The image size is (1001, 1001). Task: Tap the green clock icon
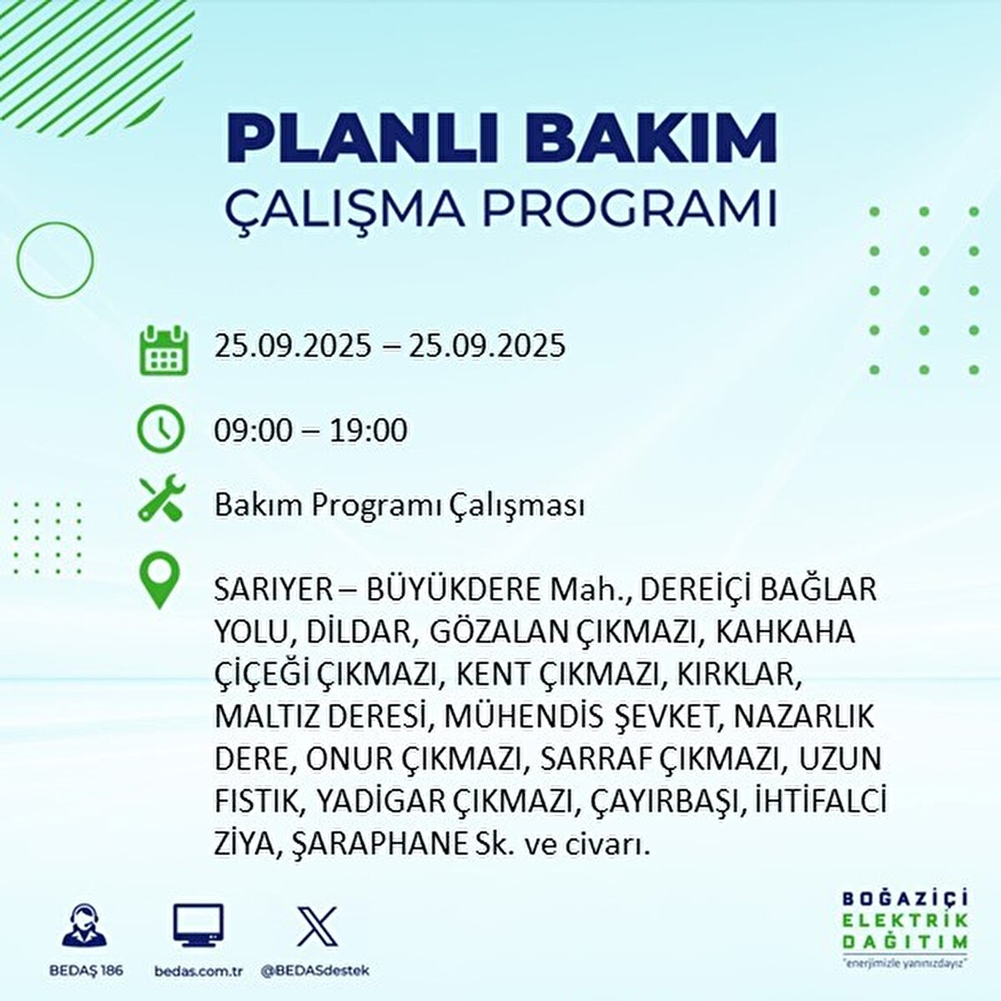pyautogui.click(x=161, y=429)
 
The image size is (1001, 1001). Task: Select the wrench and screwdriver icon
pyautogui.click(x=162, y=499)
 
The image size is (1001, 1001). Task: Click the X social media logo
pyautogui.click(x=317, y=925)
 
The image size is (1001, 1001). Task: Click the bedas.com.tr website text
pyautogui.click(x=199, y=971)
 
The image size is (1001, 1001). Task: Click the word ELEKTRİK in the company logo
pyautogui.click(x=905, y=920)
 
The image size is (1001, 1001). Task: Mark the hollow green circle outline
pyautogui.click(x=55, y=259)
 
